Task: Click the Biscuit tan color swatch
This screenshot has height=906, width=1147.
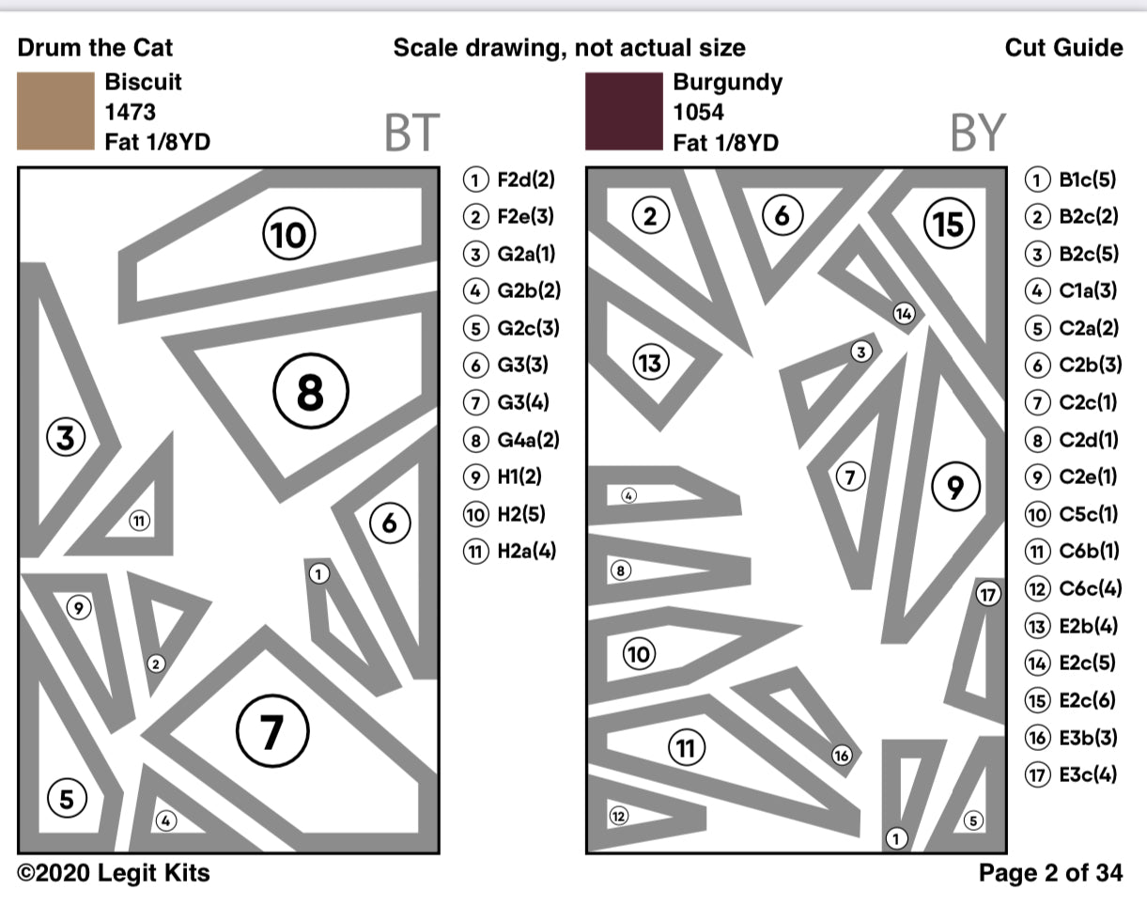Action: pyautogui.click(x=54, y=110)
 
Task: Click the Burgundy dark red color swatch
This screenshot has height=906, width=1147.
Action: pyautogui.click(x=623, y=110)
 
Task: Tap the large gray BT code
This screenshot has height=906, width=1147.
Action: pyautogui.click(x=411, y=133)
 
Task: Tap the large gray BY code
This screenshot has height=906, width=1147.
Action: pyautogui.click(x=977, y=133)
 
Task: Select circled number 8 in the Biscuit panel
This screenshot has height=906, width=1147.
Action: pyautogui.click(x=311, y=393)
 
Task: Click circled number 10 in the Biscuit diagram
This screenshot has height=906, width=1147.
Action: pyautogui.click(x=288, y=234)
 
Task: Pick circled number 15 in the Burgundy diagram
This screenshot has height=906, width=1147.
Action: pyautogui.click(x=950, y=224)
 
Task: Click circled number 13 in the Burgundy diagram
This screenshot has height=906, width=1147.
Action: pyautogui.click(x=649, y=362)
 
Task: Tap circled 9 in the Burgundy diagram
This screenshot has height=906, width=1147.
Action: pyautogui.click(x=955, y=486)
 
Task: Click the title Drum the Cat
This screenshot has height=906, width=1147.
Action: pyautogui.click(x=95, y=48)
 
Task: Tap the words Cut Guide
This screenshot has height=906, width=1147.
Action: pyautogui.click(x=1063, y=48)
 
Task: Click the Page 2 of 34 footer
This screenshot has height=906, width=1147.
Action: pyautogui.click(x=1050, y=873)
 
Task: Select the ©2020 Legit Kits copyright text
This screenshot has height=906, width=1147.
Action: pyautogui.click(x=114, y=873)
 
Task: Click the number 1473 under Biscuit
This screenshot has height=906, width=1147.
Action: pyautogui.click(x=131, y=112)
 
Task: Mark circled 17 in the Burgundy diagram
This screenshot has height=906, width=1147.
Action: pyautogui.click(x=987, y=594)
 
